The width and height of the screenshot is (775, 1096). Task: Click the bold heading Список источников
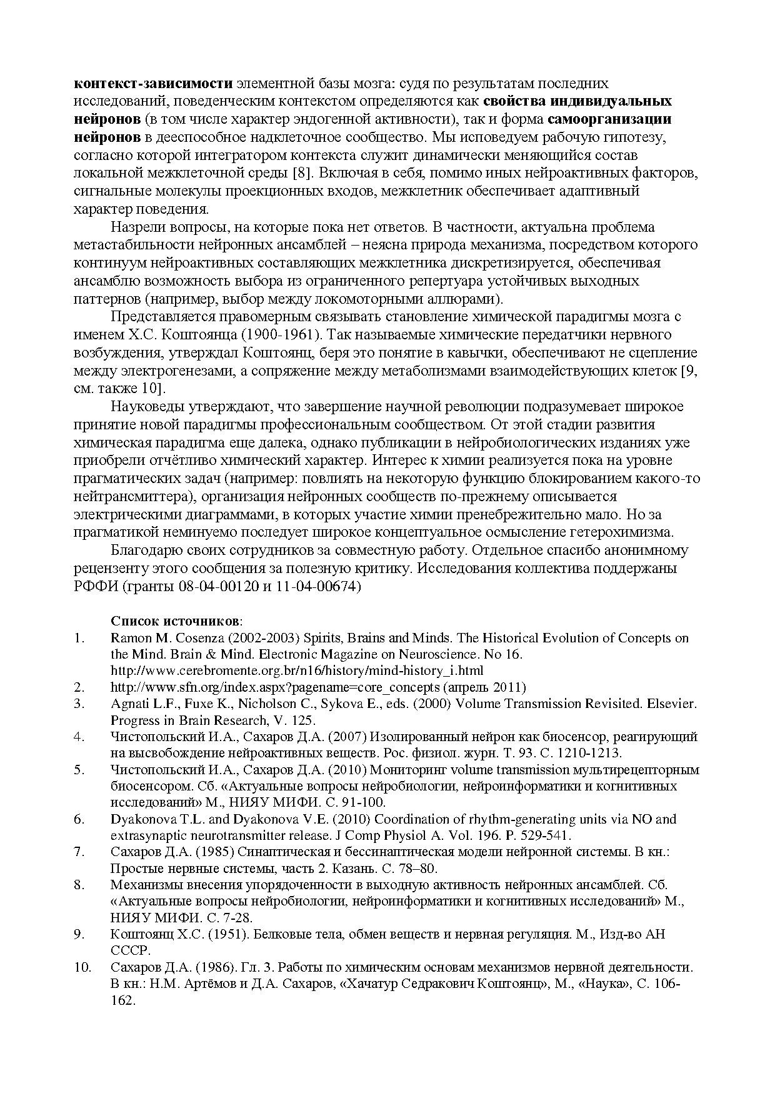[175, 621]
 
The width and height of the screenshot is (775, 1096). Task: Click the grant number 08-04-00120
[230, 587]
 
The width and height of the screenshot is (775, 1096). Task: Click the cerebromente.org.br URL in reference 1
[296, 670]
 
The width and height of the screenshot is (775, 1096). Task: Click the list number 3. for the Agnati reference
[79, 704]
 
